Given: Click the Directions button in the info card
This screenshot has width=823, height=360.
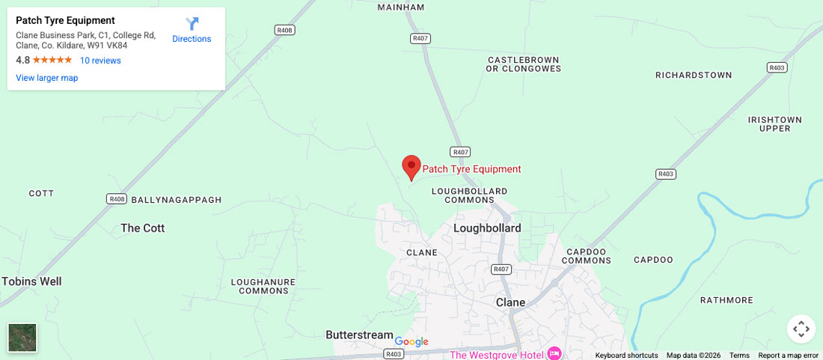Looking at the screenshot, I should tap(192, 30).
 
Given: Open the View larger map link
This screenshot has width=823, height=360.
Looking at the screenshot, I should tap(47, 78).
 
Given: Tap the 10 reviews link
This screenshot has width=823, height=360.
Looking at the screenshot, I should tap(100, 61).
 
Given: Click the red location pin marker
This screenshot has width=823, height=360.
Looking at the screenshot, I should tap(411, 167).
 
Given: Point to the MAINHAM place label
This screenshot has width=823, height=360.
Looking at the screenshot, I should tap(400, 7).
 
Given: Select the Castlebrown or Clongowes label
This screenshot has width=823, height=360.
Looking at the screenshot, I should tap(524, 64).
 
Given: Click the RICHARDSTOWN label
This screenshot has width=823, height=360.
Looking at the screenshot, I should tap(694, 76).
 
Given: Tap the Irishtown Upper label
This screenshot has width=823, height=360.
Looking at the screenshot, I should tap(774, 124).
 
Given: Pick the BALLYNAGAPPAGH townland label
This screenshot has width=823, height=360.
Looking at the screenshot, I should tap(177, 201).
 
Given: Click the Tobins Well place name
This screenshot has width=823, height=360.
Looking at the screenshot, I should tap(31, 281).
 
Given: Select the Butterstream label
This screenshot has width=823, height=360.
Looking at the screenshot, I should tap(359, 335).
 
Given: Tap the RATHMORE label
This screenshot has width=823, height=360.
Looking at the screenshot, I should tap(726, 300).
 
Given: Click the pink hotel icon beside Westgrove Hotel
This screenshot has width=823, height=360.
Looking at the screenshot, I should tap(554, 353).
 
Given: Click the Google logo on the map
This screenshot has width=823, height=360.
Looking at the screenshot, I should tap(411, 342).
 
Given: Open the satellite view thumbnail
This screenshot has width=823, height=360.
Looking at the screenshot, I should tap(22, 338).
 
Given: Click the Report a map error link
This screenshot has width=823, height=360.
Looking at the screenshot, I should tap(789, 356).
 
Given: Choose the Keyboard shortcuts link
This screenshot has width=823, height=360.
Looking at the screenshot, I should tap(626, 356).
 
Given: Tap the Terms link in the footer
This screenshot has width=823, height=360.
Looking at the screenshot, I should tap(739, 356).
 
